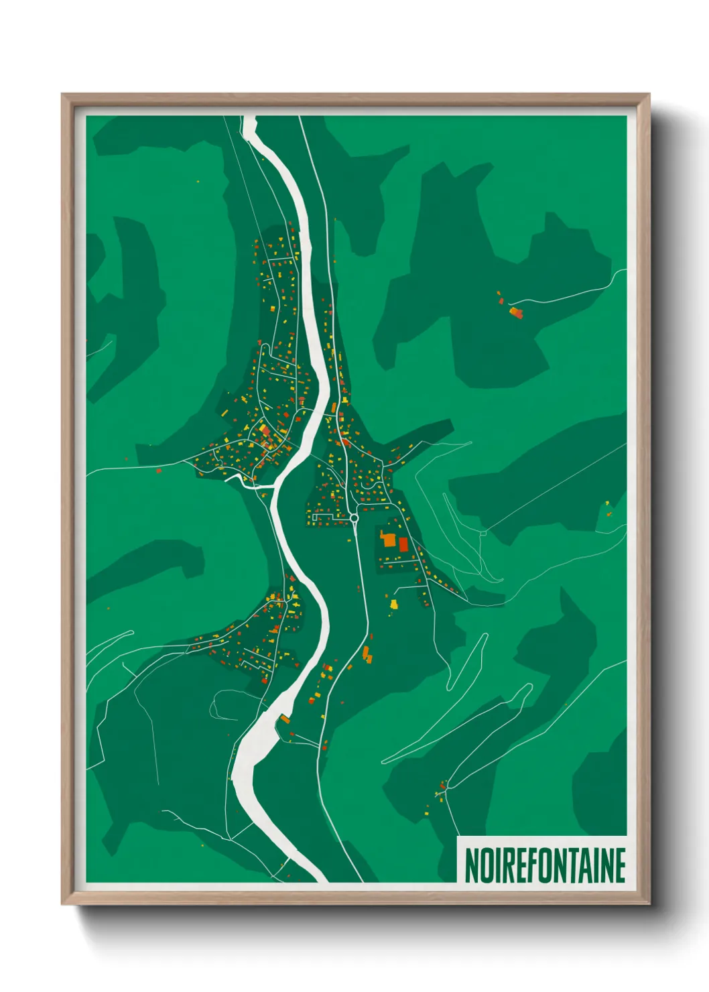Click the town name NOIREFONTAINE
pyautogui.click(x=544, y=865)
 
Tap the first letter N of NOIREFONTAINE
pyautogui.click(x=471, y=865)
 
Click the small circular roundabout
pyautogui.click(x=354, y=518)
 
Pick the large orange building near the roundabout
pyautogui.click(x=388, y=540)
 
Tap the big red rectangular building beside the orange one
pyautogui.click(x=403, y=544)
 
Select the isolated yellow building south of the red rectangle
pyautogui.click(x=394, y=605)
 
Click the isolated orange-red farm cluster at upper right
pyautogui.click(x=515, y=312)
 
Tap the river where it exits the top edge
pyautogui.click(x=249, y=121)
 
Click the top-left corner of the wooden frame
pyautogui.click(x=63, y=95)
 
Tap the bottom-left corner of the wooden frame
pyautogui.click(x=63, y=904)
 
